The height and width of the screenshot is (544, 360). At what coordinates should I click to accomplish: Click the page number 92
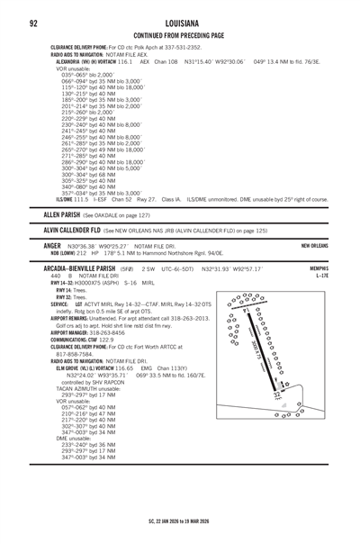pos(32,22)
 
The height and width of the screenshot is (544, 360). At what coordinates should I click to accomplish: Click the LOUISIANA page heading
pos(180,22)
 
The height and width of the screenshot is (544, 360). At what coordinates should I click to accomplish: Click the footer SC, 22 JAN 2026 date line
pos(180,520)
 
